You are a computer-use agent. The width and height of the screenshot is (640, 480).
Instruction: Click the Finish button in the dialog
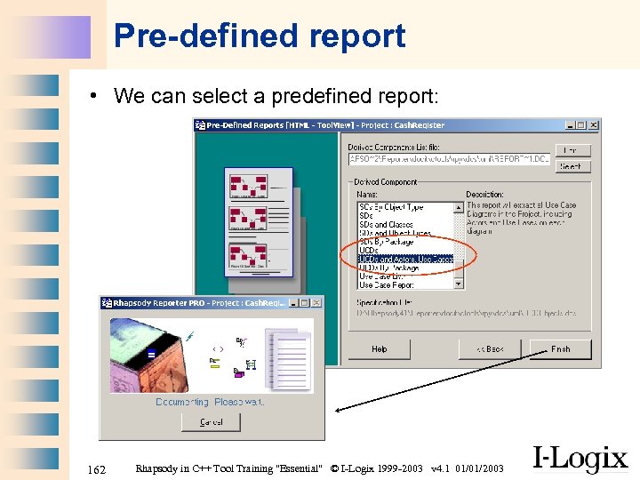(x=560, y=349)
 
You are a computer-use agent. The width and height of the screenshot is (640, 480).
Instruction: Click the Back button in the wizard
(x=490, y=349)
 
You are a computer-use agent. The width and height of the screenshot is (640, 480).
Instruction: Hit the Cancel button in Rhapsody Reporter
(x=211, y=422)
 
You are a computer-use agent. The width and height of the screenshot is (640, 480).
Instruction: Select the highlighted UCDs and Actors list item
(x=405, y=259)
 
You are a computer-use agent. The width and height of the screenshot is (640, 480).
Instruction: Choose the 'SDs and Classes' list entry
(x=387, y=225)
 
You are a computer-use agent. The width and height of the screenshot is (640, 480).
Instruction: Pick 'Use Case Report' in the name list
(x=387, y=285)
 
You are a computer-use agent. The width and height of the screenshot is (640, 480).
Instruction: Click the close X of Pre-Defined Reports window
(x=594, y=125)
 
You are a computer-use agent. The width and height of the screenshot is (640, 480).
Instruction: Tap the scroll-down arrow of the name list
(x=460, y=285)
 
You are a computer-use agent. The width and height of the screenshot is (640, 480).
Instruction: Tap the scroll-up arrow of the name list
(x=460, y=207)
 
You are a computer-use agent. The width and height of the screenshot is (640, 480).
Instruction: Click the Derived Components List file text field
(x=449, y=160)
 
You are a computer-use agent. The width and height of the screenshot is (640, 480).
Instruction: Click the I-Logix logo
(x=580, y=459)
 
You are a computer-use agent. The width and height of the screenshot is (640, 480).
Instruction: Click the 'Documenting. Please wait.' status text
(x=210, y=402)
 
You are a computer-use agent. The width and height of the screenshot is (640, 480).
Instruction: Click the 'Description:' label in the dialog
(x=484, y=194)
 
